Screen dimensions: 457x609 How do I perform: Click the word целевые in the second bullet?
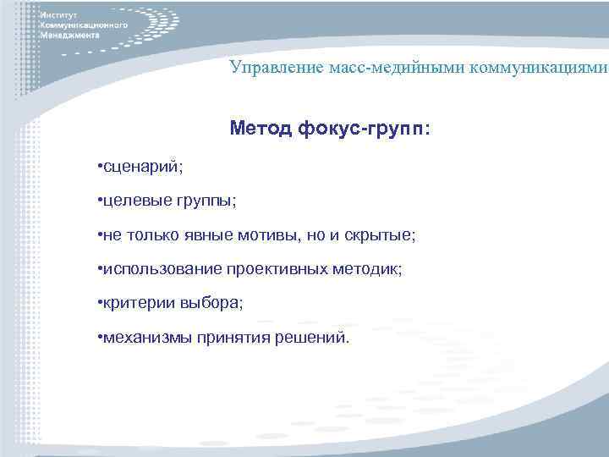click(132, 201)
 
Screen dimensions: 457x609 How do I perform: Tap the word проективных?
click(282, 269)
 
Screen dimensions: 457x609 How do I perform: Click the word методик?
click(371, 269)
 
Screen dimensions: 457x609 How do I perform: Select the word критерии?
click(134, 303)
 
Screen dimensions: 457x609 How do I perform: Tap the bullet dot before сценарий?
click(100, 166)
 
